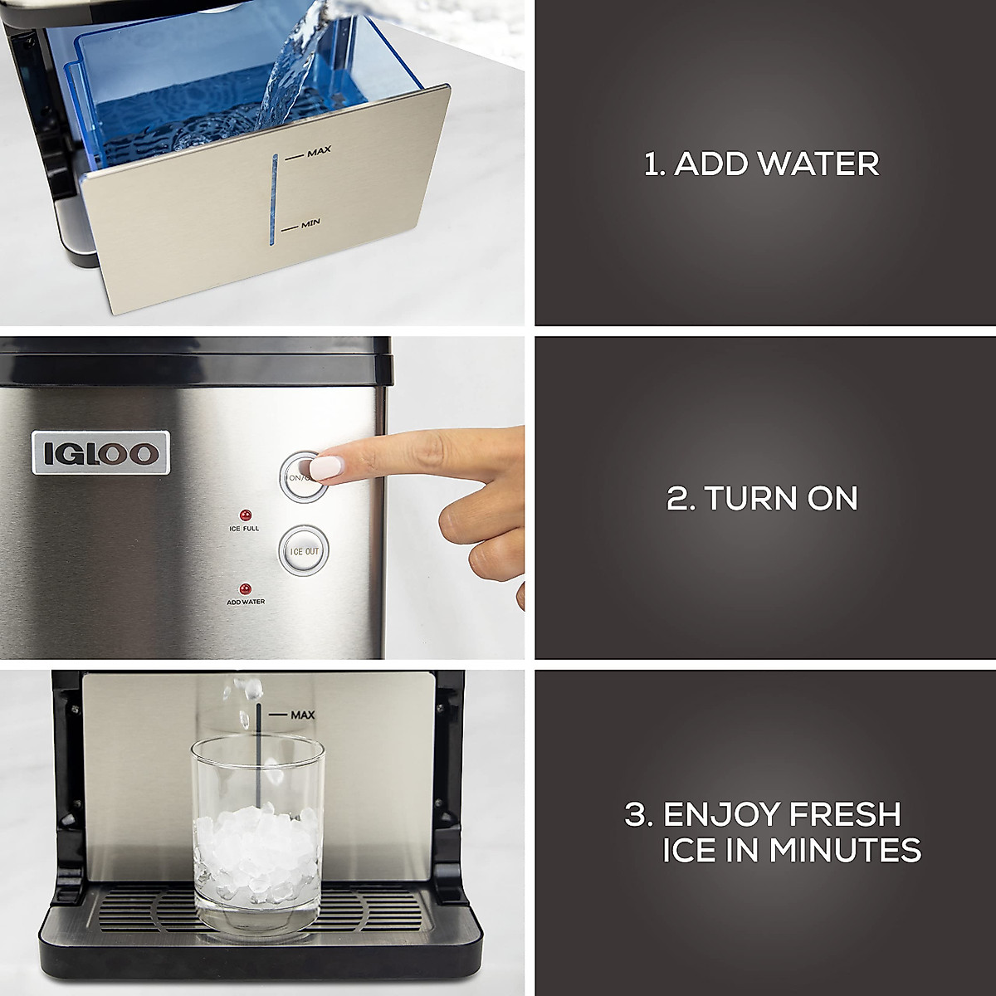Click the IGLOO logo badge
point(100,452)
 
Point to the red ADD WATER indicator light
point(245,587)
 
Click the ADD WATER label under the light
point(246,602)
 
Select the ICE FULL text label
point(245,529)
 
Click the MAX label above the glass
point(302,715)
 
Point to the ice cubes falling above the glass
point(247,697)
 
